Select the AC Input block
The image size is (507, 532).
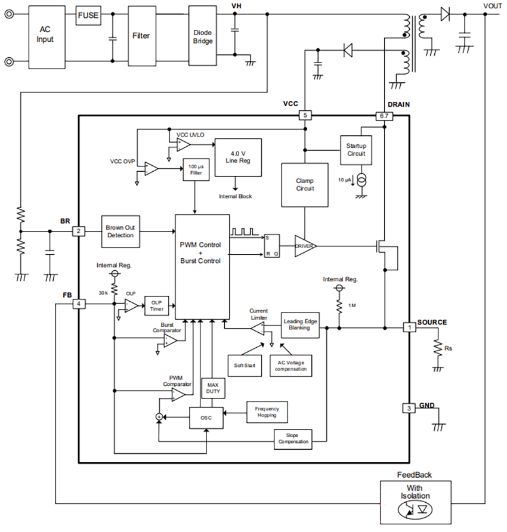46,35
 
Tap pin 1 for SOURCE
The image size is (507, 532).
408,327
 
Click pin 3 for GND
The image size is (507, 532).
408,409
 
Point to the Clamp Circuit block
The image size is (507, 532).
305,185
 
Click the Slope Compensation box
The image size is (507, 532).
293,439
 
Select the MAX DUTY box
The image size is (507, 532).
213,389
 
